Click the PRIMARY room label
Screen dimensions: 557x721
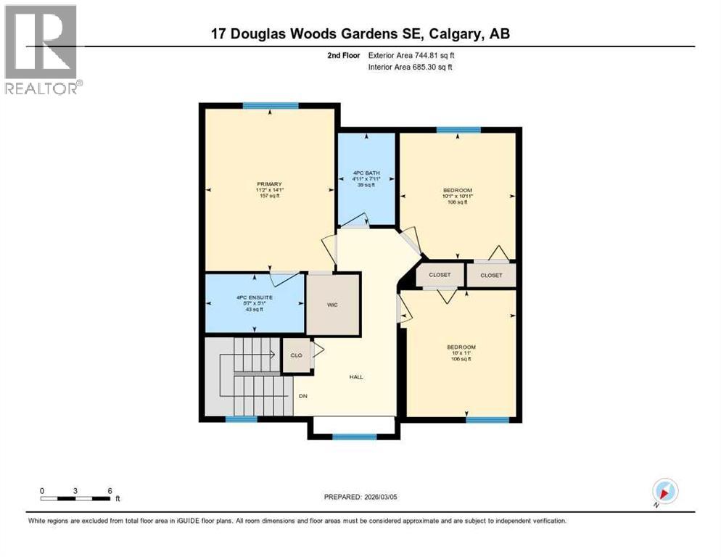point(268,190)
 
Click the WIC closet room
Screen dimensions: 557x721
point(332,305)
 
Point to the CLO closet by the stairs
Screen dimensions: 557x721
point(296,355)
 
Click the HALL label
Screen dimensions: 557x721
point(356,377)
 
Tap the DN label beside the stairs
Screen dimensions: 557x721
point(304,396)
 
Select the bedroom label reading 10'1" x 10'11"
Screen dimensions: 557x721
point(458,197)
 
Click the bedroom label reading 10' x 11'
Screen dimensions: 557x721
point(461,353)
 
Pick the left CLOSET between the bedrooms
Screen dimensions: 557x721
point(440,275)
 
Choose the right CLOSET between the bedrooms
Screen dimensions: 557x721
point(491,275)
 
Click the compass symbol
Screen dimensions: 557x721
point(664,492)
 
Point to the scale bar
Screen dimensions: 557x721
point(75,498)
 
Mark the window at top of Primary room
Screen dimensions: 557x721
point(271,106)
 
